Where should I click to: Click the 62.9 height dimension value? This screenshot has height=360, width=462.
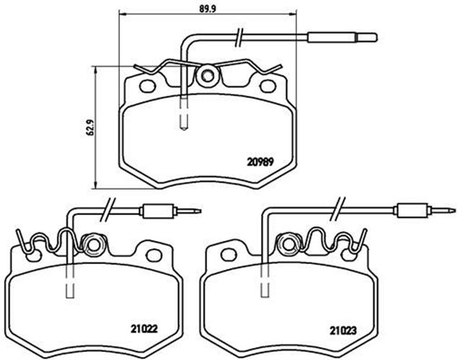(x=87, y=127)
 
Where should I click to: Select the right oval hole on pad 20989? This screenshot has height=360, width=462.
(x=268, y=88)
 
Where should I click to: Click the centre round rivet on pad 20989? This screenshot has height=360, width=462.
(x=208, y=74)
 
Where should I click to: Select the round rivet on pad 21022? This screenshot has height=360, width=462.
(x=92, y=242)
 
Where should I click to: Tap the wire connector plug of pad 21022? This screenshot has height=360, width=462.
(x=157, y=212)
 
